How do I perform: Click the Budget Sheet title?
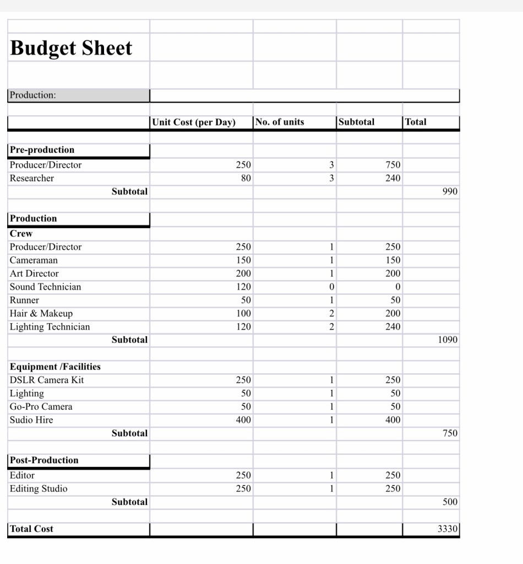[x=71, y=48]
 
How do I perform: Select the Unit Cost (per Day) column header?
[x=194, y=122]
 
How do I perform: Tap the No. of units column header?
[x=280, y=122]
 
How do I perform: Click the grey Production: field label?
[x=33, y=95]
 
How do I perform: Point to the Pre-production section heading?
[x=42, y=150]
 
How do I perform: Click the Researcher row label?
[x=32, y=178]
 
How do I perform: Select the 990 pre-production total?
[x=450, y=191]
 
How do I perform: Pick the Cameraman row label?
[x=34, y=260]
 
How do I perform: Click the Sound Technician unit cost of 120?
[x=243, y=287]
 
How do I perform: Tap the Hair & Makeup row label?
[x=41, y=313]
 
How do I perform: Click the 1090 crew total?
[x=448, y=340]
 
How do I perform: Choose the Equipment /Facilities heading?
[x=55, y=367]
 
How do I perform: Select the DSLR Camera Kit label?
[x=47, y=380]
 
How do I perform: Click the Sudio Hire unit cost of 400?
[x=243, y=420]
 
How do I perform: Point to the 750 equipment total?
[x=450, y=433]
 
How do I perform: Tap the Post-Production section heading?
[x=45, y=460]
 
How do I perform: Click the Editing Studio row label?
[x=39, y=488]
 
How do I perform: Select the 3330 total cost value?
[x=447, y=529]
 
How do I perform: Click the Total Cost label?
[x=32, y=529]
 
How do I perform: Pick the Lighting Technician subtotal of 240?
[x=393, y=326]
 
